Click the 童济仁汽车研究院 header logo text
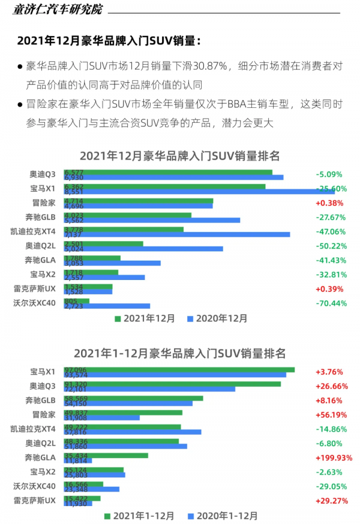pos(58,10)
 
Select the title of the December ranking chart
pos(180,156)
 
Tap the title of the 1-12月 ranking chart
pos(180,353)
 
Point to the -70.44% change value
pos(331,303)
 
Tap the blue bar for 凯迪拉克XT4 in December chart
pos(180,234)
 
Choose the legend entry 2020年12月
pos(217,319)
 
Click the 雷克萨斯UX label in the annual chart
pos(34,499)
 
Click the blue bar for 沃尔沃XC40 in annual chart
pos(96,489)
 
